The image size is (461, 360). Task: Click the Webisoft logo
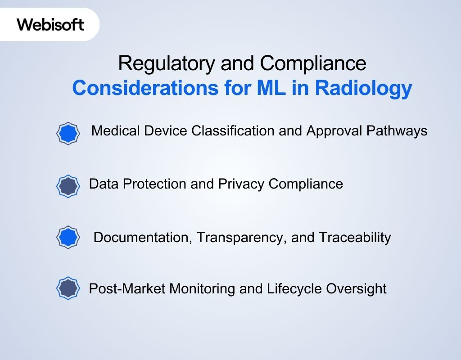[50, 24]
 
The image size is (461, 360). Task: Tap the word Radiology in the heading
[363, 88]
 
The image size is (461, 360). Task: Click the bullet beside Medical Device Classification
[68, 133]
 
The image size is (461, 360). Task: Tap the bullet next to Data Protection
[68, 186]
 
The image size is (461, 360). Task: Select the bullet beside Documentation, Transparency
[68, 237]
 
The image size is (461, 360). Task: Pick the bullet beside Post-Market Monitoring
[68, 288]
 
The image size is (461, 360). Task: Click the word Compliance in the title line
[313, 63]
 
